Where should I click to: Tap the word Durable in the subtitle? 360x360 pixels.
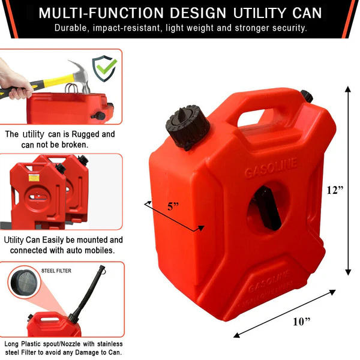coord(71,28)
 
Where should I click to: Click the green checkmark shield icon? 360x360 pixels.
coord(104,68)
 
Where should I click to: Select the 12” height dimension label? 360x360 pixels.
coord(335,190)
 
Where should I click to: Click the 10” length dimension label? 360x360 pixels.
coord(302,322)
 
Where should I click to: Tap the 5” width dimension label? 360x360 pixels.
coord(173,206)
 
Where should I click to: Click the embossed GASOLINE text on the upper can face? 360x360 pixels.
coord(271,168)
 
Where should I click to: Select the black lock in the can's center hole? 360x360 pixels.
coord(267,208)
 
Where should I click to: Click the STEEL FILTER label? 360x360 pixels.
coord(56,271)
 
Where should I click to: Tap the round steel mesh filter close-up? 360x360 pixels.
coord(24,283)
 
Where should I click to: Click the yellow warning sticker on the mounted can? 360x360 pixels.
coord(34,178)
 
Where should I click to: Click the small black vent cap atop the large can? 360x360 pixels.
coord(307,96)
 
